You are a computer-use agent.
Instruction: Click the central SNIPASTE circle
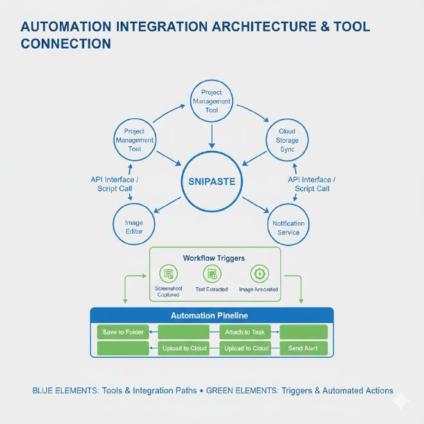click(x=211, y=181)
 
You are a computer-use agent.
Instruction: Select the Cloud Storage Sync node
click(x=287, y=140)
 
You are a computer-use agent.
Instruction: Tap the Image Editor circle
click(x=134, y=227)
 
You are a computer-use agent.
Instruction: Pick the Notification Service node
click(x=288, y=227)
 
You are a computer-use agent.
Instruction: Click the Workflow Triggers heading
click(x=214, y=258)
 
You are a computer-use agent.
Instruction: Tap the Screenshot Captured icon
click(x=168, y=274)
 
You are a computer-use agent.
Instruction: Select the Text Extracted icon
click(x=212, y=274)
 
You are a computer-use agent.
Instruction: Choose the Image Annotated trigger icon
click(x=258, y=274)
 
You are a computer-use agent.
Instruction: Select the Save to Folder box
click(x=123, y=332)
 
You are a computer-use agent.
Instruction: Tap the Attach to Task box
click(x=245, y=332)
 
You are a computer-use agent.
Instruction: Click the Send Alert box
click(x=303, y=348)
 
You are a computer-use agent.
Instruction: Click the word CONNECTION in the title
click(x=66, y=44)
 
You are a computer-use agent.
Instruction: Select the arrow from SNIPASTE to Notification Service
click(x=258, y=205)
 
